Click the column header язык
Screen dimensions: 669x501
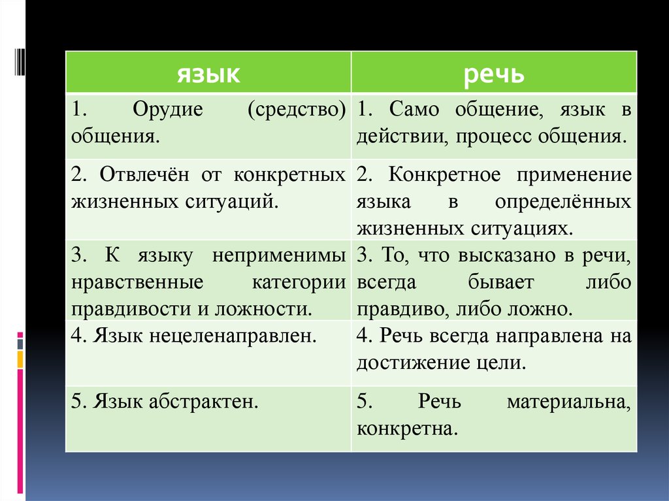[208, 74]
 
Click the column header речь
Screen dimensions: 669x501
[494, 74]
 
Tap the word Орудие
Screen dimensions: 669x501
[168, 109]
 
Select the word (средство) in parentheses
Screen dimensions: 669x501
[297, 110]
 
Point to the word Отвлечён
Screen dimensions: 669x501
[144, 174]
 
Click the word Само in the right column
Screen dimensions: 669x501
[414, 109]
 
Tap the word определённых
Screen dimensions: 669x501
[563, 202]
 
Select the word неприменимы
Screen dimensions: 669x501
[278, 256]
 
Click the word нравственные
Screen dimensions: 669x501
[137, 282]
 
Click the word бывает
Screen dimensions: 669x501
[501, 282]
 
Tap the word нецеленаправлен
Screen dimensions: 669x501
[233, 336]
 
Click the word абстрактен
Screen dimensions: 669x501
[204, 402]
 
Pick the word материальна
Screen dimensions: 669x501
[569, 402]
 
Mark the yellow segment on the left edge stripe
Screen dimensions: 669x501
[20, 359]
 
